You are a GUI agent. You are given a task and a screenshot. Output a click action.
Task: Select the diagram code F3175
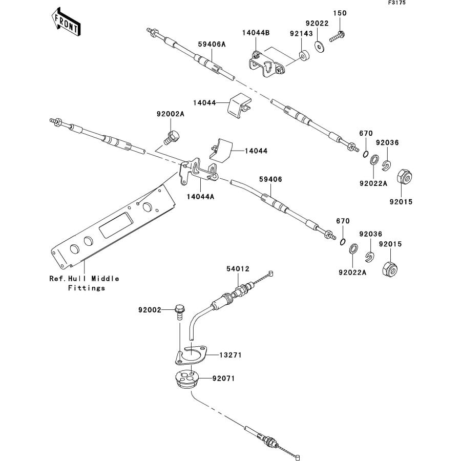click(396, 3)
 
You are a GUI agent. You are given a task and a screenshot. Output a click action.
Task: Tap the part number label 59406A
click(212, 45)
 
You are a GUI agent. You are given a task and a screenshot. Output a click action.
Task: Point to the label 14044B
click(256, 33)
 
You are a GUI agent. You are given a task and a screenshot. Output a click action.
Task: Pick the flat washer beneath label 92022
click(320, 47)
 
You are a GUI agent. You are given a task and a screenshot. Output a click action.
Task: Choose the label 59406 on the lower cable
click(270, 179)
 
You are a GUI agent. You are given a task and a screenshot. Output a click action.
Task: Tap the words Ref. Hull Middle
click(84, 279)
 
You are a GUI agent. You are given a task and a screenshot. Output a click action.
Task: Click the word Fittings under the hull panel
click(86, 288)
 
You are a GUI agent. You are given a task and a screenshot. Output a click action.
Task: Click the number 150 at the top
click(340, 13)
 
